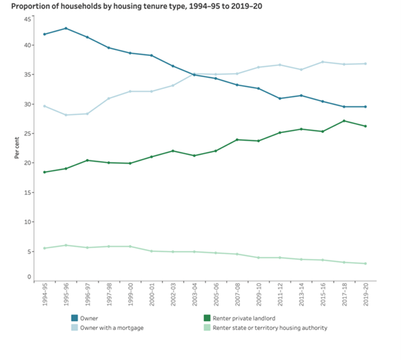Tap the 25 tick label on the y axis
coord(27,134)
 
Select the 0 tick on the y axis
coord(29,277)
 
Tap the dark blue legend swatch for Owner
coord(74,318)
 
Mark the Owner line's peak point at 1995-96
coord(66,29)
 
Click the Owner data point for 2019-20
coord(365,106)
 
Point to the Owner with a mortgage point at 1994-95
coord(45,106)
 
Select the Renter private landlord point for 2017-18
coord(344,121)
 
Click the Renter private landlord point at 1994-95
coord(45,172)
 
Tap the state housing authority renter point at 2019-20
coord(365,264)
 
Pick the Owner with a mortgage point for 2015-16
coord(322,62)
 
